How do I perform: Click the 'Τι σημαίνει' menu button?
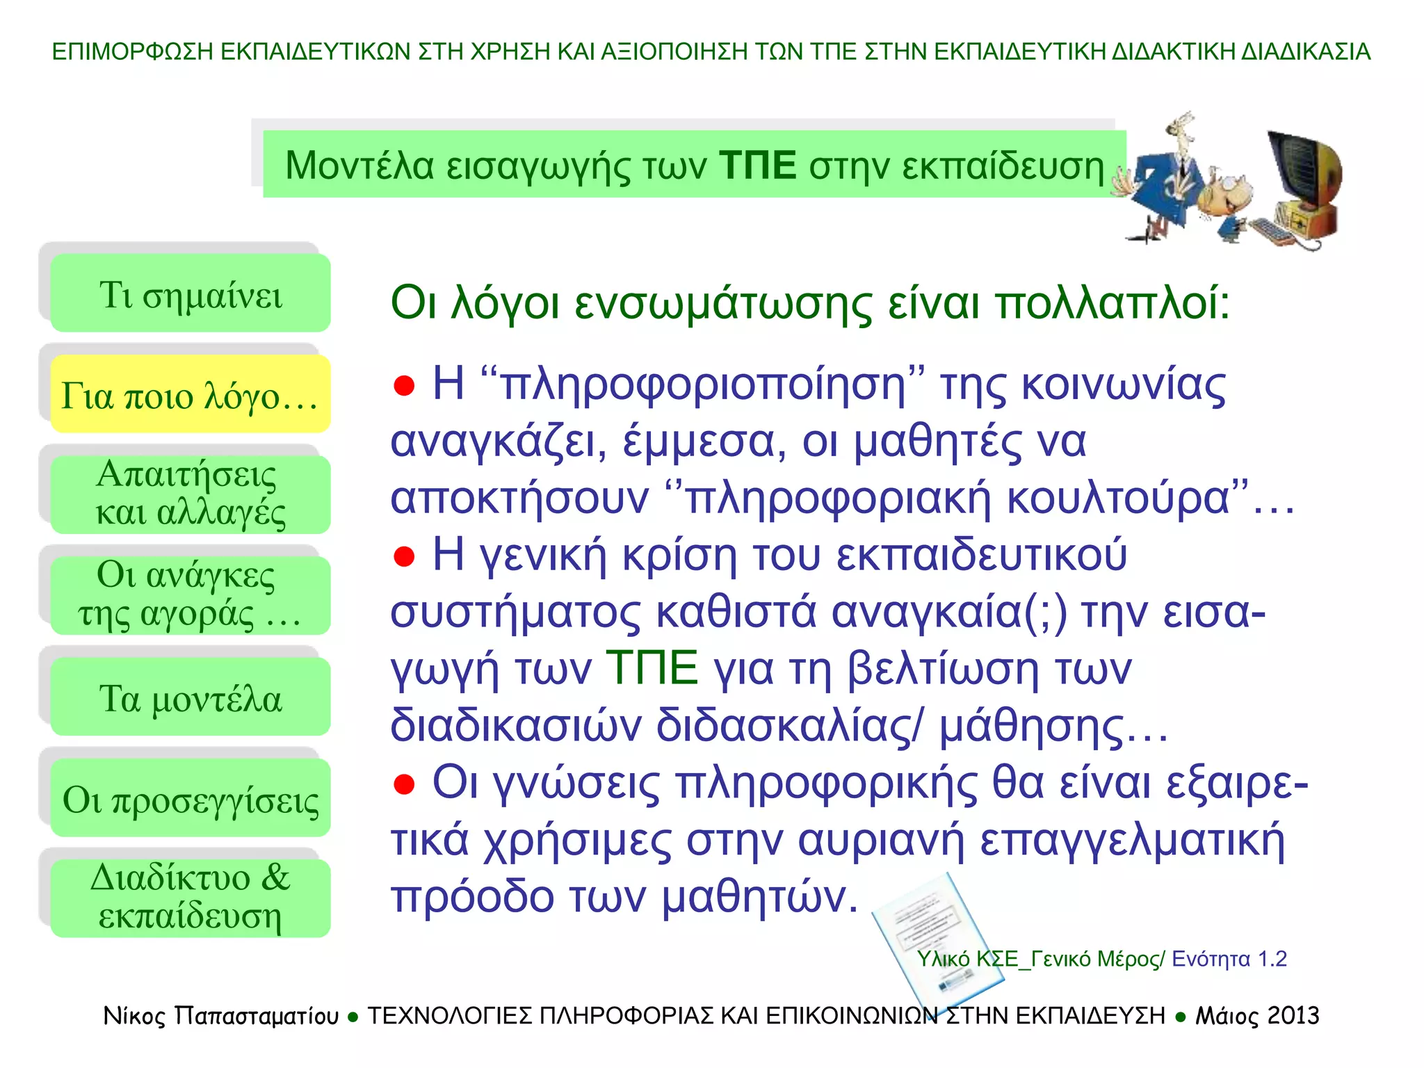pos(191,293)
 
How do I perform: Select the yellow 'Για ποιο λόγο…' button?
pos(191,394)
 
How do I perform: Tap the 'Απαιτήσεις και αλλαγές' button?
pos(191,494)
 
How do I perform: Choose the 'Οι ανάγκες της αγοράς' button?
pos(191,595)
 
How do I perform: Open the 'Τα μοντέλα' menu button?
pos(191,697)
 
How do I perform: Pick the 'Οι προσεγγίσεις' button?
pos(191,798)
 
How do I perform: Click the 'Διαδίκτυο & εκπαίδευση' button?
pos(191,898)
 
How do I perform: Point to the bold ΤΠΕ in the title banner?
pos(758,165)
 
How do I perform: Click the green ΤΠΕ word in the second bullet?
pos(652,668)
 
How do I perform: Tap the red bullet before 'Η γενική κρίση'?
pos(404,556)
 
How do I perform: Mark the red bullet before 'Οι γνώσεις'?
pos(404,784)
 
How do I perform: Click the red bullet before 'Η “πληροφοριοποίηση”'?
pos(404,385)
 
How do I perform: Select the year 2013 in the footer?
pos(1293,1016)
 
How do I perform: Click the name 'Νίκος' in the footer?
pos(134,1016)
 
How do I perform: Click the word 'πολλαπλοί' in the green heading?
pos(1112,304)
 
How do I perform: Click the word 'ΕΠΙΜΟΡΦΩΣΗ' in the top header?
pos(132,51)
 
